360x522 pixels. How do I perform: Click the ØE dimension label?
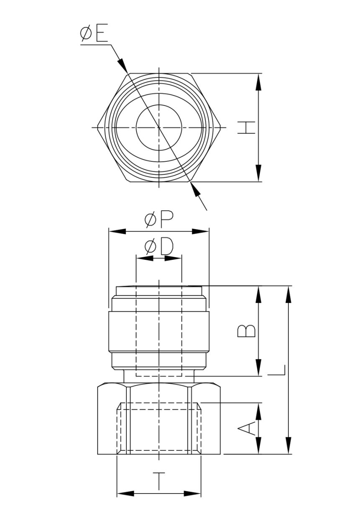click(94, 35)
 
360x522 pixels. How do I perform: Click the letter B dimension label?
click(247, 331)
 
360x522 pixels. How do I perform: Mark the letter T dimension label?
click(159, 481)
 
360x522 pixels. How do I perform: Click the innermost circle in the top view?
click(159, 127)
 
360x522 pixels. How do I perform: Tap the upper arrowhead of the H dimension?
click(259, 82)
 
